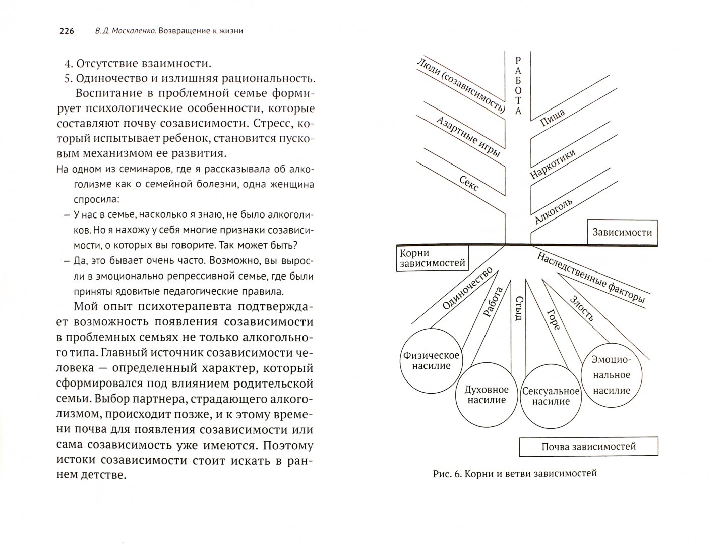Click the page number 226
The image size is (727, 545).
point(67,31)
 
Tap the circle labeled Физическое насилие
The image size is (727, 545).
point(431,360)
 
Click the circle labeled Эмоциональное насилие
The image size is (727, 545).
point(612,375)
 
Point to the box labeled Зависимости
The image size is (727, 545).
point(622,233)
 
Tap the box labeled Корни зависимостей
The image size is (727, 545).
point(433,258)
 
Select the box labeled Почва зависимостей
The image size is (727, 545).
point(588,447)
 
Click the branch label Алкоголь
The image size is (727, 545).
point(553,211)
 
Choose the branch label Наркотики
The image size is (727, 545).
point(553,164)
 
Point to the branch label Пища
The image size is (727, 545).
point(553,116)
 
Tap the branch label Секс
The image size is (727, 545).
point(468,185)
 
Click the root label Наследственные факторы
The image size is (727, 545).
point(590,277)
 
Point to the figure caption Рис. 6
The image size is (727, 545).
point(446,474)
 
